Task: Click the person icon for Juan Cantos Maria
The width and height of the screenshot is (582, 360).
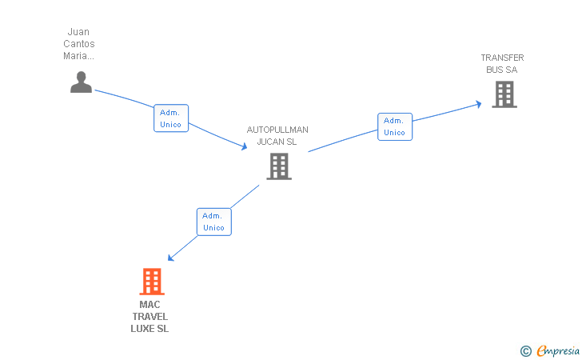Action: coord(81,82)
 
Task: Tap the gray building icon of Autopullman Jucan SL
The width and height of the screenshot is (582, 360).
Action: coord(278,166)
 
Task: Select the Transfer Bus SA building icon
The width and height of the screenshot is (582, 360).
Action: coord(504,94)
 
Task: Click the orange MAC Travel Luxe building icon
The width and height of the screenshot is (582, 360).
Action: coord(151,282)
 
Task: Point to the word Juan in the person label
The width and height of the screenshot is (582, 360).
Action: coord(78,32)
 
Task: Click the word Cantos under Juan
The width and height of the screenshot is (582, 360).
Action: coord(78,44)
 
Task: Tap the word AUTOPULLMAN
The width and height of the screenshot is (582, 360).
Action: coord(277,130)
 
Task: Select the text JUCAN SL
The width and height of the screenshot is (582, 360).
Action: coord(277,142)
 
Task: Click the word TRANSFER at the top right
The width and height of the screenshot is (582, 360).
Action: coord(502,58)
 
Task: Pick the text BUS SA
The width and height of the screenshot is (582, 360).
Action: coord(502,70)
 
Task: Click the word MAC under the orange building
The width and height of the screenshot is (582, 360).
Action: coord(149,305)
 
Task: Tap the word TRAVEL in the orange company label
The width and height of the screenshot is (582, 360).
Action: coord(149,317)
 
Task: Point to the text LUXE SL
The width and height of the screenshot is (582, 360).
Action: coord(149,329)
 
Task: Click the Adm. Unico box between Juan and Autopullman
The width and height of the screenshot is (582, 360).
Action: coord(171,118)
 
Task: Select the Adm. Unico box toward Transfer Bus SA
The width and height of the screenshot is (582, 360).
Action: coord(395,126)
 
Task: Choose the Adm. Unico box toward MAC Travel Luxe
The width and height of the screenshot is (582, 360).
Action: coord(213,222)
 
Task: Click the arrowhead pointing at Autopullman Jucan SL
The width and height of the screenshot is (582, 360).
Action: coord(244,146)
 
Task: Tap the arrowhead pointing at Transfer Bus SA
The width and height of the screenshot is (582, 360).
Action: coord(477,103)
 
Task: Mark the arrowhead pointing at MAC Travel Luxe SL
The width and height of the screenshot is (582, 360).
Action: coord(171,258)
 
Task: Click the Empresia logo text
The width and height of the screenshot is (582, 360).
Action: coord(557,350)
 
